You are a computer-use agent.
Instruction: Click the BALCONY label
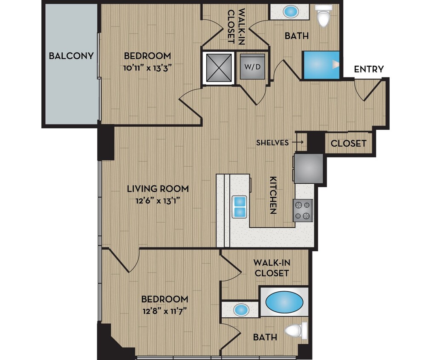click(71, 56)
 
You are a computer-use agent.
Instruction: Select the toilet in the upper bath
click(323, 17)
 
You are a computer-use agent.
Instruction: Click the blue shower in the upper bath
click(321, 65)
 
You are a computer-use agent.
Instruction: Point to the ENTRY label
click(369, 69)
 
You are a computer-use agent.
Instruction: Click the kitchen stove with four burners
click(303, 210)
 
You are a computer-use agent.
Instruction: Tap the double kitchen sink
click(240, 206)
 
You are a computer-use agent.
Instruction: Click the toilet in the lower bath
click(296, 330)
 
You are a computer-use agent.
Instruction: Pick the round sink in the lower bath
click(241, 309)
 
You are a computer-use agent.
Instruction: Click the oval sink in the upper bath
click(291, 11)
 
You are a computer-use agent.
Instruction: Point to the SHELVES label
click(272, 143)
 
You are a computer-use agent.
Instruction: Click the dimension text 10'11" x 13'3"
click(148, 68)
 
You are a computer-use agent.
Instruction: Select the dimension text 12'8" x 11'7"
click(165, 311)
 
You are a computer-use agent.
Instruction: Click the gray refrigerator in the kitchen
click(308, 168)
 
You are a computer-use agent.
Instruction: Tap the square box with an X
click(218, 68)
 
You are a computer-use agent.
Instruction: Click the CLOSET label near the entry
click(348, 143)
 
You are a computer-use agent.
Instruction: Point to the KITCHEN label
click(273, 195)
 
